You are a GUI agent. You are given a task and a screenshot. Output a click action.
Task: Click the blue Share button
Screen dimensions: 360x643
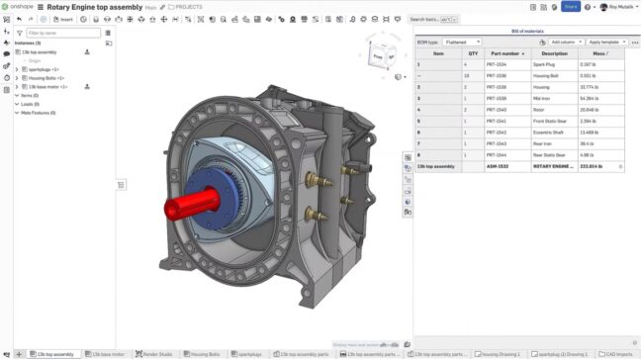(571, 6)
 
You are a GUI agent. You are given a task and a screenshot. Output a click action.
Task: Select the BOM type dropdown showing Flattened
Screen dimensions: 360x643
(461, 43)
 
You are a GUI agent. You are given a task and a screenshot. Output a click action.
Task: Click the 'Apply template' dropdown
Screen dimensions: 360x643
(606, 43)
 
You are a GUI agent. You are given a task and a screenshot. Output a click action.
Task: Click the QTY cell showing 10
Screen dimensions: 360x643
(473, 75)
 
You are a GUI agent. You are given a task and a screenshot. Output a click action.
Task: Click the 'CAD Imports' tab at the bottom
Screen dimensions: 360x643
(617, 353)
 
